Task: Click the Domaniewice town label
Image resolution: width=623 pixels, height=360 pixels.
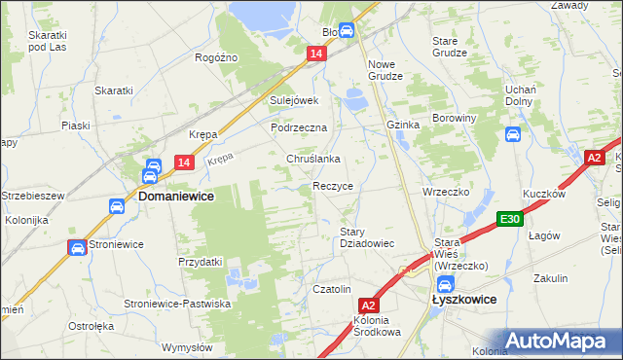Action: coord(176,195)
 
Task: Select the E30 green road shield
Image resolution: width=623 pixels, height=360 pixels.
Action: coord(509,220)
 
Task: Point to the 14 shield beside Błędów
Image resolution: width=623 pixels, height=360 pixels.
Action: coord(316,56)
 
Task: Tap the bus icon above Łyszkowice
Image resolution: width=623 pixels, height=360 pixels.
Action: coord(444,284)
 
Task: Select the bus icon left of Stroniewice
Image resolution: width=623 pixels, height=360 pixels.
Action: coord(77,248)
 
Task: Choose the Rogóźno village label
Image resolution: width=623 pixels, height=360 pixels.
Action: coord(216,57)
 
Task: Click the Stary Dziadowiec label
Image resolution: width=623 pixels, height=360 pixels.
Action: coord(366,237)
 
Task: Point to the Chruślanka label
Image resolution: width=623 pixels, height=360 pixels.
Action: coord(312,159)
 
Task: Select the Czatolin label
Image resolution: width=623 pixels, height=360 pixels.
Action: coord(331,289)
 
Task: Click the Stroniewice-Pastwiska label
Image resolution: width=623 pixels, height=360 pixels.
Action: coord(176,304)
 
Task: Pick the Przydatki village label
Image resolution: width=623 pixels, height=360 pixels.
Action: coord(201,262)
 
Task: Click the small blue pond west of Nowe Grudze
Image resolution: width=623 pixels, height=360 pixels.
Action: coord(353,97)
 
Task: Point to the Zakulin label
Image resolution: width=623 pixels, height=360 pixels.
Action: coord(551,277)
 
